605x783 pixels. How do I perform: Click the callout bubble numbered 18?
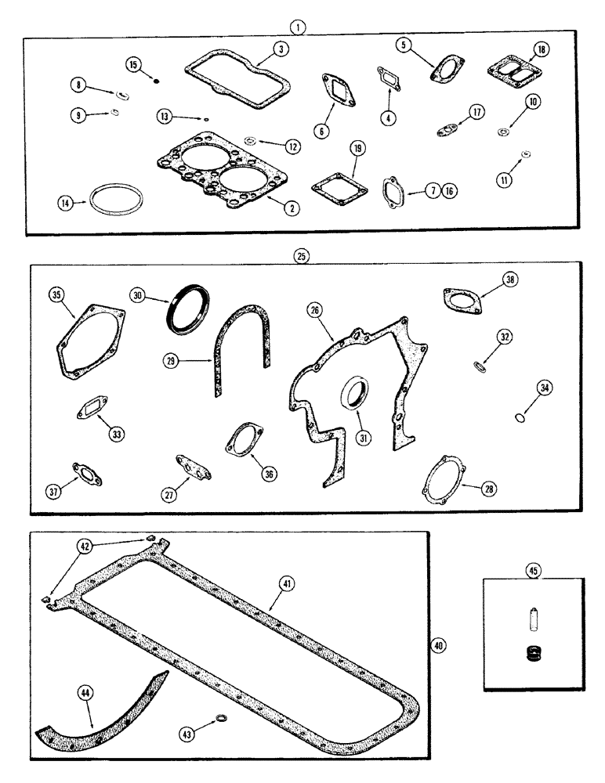(x=541, y=49)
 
